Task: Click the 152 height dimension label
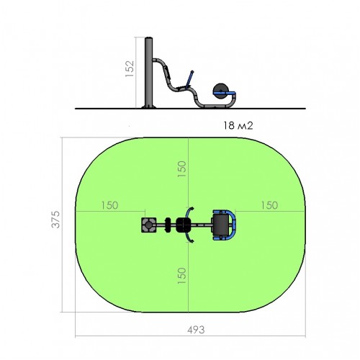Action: (130, 68)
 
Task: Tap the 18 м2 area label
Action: (238, 125)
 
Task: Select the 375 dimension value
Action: (55, 219)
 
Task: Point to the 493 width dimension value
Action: (196, 330)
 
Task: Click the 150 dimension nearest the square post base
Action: (109, 205)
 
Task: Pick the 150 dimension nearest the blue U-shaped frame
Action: (269, 205)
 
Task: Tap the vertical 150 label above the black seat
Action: (182, 169)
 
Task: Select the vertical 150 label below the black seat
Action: (182, 276)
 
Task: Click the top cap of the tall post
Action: (149, 38)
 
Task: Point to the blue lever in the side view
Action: (189, 78)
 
